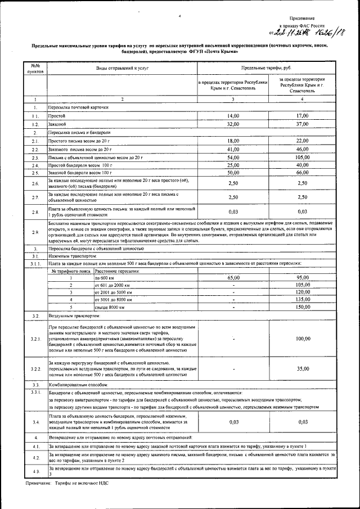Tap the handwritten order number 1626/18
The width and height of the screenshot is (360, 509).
pyautogui.click(x=326, y=34)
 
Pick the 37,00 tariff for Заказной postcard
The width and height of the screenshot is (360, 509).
pyautogui.click(x=303, y=123)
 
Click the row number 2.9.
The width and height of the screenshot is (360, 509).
pyautogui.click(x=35, y=232)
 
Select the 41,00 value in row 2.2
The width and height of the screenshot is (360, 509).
pyautogui.click(x=233, y=149)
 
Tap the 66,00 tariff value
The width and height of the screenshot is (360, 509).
pyautogui.click(x=303, y=173)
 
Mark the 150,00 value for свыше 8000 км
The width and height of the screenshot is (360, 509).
pyautogui.click(x=303, y=307)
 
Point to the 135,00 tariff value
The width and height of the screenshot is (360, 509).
pyautogui.click(x=303, y=300)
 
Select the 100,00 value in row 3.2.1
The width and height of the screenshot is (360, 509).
pyautogui.click(x=303, y=339)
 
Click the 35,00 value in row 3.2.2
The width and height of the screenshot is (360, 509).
pyautogui.click(x=303, y=368)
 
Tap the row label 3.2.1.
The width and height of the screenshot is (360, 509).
pyautogui.click(x=35, y=339)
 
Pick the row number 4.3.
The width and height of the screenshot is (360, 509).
pyautogui.click(x=35, y=471)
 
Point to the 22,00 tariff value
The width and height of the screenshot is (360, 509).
pyautogui.click(x=303, y=141)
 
